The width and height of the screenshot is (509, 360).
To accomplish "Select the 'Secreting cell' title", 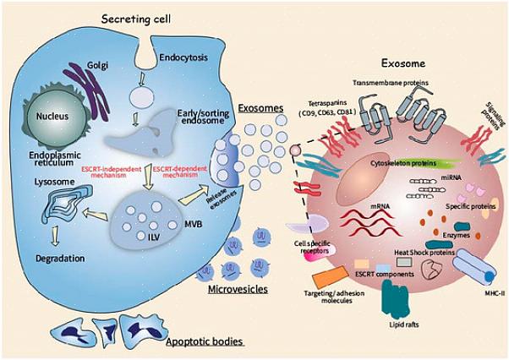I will pos(134,18).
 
